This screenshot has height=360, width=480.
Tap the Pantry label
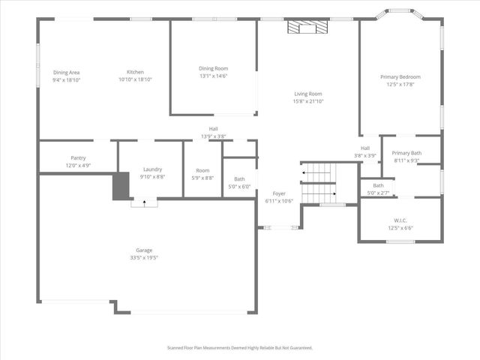coord(78,158)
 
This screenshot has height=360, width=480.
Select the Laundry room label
coord(152,169)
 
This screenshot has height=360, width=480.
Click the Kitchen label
coord(135,72)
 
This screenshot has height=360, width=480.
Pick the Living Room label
coord(308,94)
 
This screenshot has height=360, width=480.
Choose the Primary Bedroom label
coord(400,76)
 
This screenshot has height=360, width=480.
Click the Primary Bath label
coord(406,153)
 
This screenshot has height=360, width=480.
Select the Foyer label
coord(278,193)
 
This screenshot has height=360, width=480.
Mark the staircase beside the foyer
coord(317,183)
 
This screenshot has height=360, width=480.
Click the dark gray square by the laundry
coord(121,186)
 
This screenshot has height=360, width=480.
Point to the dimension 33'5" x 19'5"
coord(144,257)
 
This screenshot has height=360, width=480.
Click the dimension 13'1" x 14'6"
coord(213,76)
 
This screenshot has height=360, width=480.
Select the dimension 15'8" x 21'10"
coord(308,101)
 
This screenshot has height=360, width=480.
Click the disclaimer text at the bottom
coord(239,348)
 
